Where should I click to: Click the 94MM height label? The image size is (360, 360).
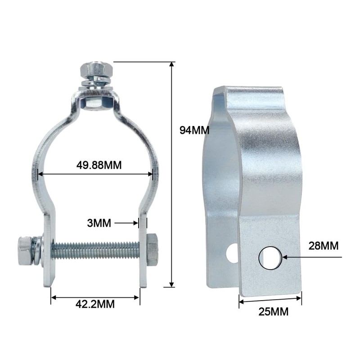coord(194,130)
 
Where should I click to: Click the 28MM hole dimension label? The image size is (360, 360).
coord(323,246)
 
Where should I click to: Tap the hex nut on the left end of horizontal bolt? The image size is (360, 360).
coord(24,250)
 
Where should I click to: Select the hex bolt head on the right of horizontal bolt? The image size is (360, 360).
coord(152,249)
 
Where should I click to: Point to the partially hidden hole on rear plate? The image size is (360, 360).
coord(232,253)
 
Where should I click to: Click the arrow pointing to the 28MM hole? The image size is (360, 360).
coord(306,257)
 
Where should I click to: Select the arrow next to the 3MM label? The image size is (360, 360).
coord(126,222)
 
